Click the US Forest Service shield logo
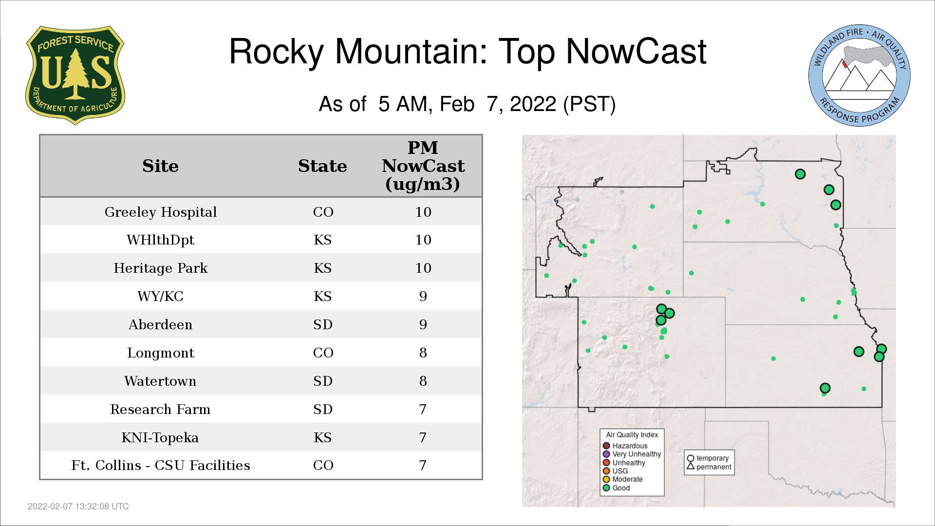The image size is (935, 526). point(75,75)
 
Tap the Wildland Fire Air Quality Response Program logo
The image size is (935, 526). point(860,75)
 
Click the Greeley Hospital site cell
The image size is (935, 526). point(161,212)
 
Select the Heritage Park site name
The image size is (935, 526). point(161,268)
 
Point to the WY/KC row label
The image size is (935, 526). point(161,296)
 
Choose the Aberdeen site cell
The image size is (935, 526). point(161,324)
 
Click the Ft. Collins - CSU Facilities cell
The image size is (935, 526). point(161,465)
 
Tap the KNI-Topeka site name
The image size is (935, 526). point(160,437)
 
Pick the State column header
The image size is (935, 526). point(322,166)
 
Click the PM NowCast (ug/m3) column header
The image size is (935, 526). point(423,166)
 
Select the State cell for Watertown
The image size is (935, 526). point(323,381)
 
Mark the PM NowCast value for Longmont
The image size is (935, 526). point(423,353)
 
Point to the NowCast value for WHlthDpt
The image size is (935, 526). point(423,240)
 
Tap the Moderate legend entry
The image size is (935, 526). point(623,479)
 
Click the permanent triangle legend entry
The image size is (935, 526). point(709,467)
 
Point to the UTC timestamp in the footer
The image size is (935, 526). point(78,507)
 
